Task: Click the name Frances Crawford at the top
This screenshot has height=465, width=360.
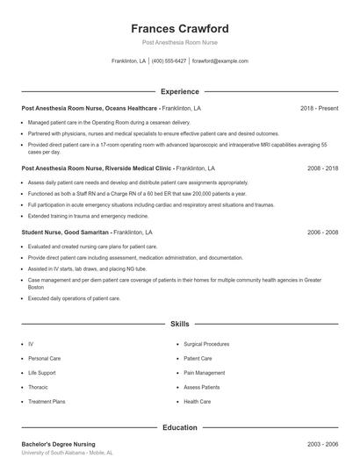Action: point(179,29)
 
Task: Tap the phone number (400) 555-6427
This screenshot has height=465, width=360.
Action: point(169,61)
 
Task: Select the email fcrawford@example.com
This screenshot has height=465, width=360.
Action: point(220,61)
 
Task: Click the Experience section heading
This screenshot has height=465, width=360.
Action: point(179,91)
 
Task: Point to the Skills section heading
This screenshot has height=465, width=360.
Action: point(179,324)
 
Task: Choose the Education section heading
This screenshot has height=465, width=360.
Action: point(179,427)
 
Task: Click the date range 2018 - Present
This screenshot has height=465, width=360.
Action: point(319,108)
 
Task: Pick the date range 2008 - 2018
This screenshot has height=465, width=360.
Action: point(322,166)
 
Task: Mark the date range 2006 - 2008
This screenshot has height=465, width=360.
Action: point(322,232)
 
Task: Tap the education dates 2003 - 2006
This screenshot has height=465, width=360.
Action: point(322,445)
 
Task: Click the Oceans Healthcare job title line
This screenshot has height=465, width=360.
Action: point(111,108)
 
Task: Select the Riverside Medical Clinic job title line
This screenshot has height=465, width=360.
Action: point(119,166)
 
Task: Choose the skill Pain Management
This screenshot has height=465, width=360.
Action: point(203,373)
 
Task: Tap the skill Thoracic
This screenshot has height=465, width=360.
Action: point(38,387)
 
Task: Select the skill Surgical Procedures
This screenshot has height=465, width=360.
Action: point(206,345)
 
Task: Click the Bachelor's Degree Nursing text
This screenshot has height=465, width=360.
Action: point(58,445)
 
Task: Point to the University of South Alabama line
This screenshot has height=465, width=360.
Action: point(67,454)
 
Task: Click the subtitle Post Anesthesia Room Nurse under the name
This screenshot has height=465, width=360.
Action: point(179,42)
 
